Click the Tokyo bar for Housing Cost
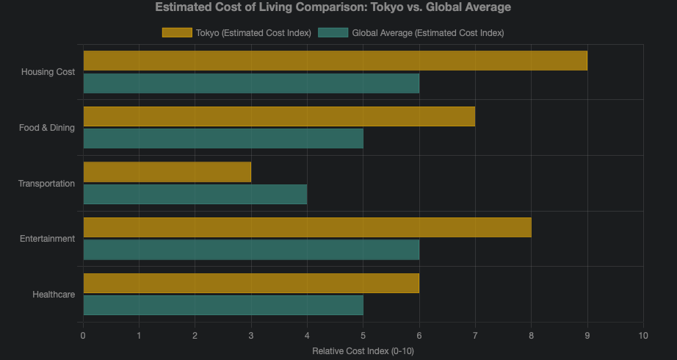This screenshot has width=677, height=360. click(335, 61)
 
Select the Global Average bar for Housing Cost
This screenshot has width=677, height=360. click(251, 83)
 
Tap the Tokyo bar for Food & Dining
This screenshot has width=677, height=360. click(279, 116)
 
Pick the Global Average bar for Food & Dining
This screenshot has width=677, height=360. click(223, 138)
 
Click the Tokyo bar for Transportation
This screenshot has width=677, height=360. click(167, 172)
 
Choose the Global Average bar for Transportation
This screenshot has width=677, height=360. click(195, 194)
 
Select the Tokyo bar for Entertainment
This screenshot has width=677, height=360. click(307, 228)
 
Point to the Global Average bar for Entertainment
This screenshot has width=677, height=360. click(251, 250)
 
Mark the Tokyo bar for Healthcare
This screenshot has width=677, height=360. click(251, 283)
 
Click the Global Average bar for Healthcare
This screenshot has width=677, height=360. click(223, 305)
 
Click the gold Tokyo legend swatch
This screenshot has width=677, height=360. click(177, 32)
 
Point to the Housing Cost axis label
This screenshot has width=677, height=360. click(48, 72)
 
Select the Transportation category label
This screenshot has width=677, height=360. click(46, 183)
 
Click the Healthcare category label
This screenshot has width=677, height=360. click(54, 295)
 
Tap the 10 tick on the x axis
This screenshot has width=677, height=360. click(643, 336)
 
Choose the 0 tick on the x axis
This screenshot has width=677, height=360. click(83, 336)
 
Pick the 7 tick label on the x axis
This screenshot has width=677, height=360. click(475, 336)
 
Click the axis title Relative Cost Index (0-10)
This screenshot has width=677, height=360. click(363, 351)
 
